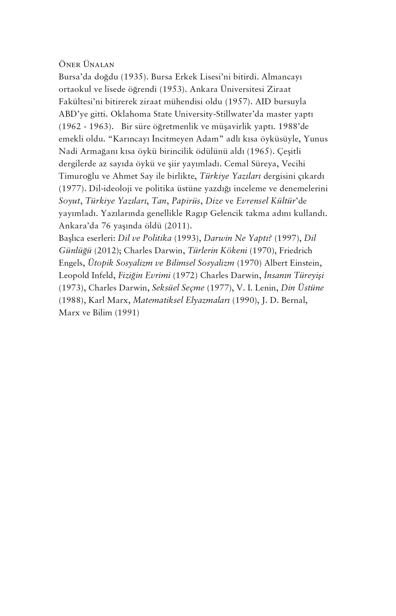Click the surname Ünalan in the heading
(x=99, y=64)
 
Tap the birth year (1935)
(x=134, y=77)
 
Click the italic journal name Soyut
(x=69, y=201)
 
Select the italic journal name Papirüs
(x=186, y=201)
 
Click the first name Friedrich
(x=295, y=251)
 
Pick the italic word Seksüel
(x=165, y=288)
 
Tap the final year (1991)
(x=127, y=313)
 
